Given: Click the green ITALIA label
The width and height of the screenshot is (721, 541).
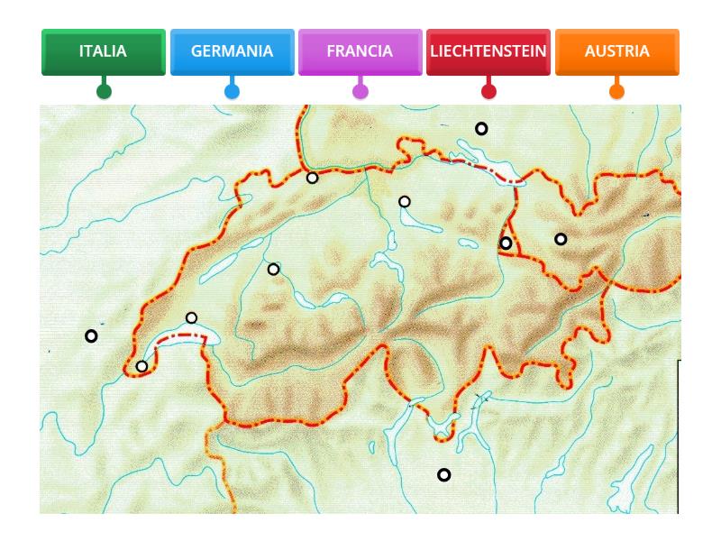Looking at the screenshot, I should pos(103,51).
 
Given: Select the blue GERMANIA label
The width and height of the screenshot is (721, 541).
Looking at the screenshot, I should pos(232,51).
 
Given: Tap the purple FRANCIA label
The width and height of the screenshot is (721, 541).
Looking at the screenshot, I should pos(360,51).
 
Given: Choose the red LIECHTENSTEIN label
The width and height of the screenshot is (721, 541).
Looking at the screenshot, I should pos(488,51).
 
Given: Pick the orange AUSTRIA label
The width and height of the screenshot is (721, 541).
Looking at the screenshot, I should pos(616,51).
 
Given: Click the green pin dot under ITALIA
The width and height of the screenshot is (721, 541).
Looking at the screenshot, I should pos(104,91).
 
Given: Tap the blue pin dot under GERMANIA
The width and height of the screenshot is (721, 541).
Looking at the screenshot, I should pos(232,91).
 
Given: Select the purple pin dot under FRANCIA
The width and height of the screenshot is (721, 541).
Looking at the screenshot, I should pos(360,91).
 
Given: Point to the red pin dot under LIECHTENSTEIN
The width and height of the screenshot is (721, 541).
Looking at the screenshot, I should pos(488,91).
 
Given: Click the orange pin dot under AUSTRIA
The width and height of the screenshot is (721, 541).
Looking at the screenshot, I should pos(616,91).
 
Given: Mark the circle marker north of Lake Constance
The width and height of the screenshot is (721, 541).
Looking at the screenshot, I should pos(481,129).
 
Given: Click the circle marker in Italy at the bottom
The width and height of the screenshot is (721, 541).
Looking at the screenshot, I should pos(443,475).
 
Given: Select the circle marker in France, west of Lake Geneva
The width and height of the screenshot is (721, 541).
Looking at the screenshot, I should pos(91,336).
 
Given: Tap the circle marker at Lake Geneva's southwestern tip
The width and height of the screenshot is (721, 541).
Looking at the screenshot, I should pos(141,366).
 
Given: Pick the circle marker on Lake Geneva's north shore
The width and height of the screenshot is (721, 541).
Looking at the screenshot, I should pos(191,317).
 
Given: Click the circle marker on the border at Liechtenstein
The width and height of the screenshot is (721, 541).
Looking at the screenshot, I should pos(506,243).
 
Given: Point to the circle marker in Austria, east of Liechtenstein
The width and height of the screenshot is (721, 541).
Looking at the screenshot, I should pos(561,239).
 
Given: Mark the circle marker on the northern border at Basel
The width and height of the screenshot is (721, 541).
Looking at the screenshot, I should pos(312,178).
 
